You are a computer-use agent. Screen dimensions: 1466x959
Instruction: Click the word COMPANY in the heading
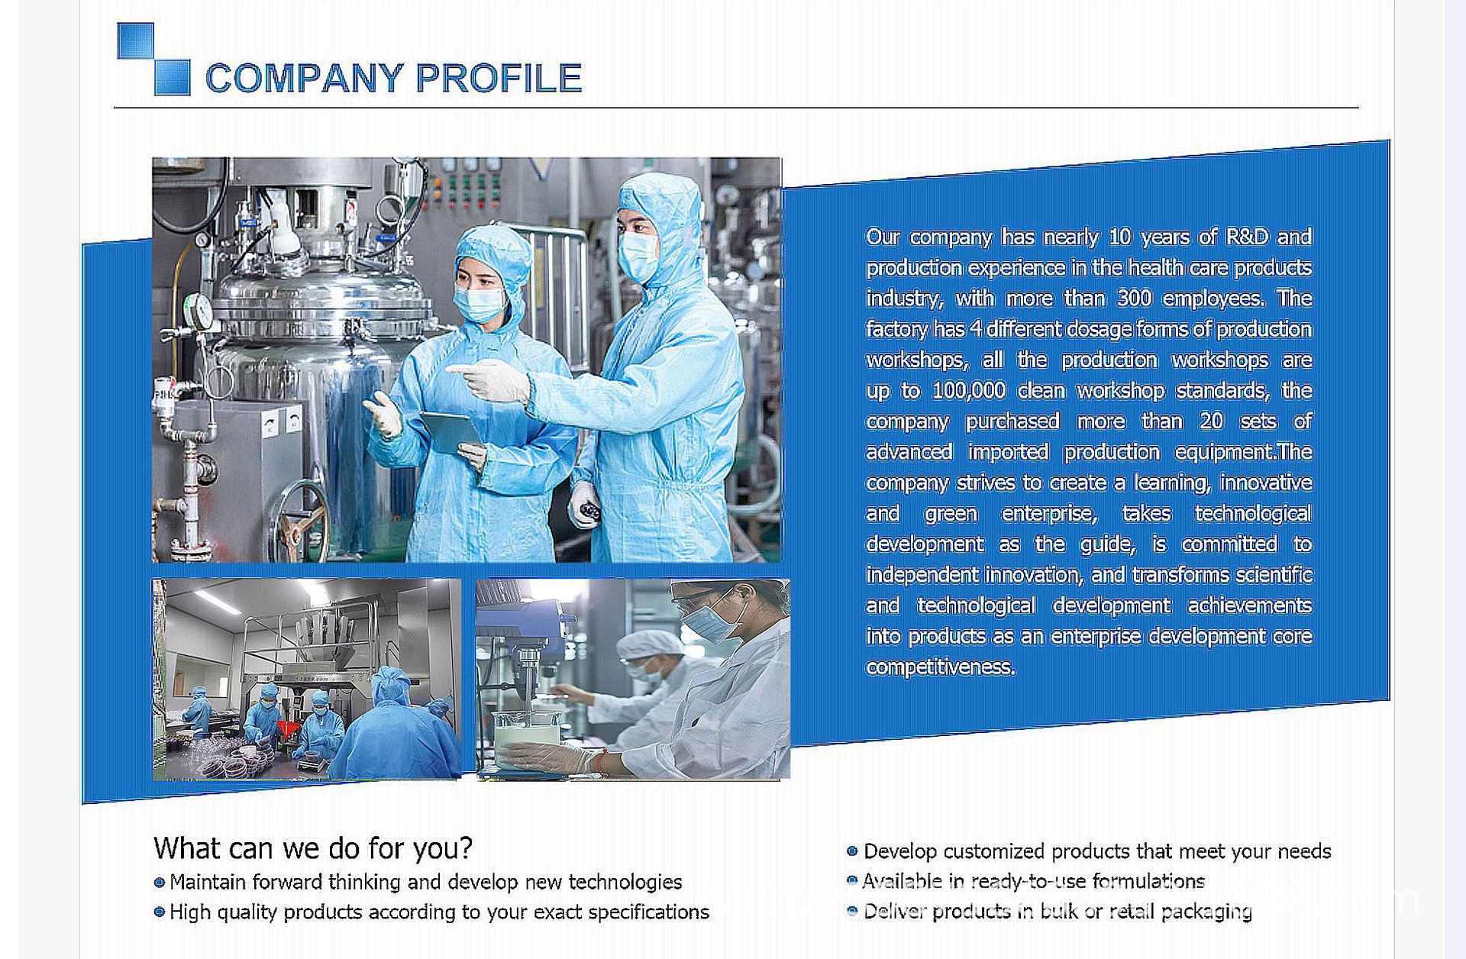[x=305, y=78]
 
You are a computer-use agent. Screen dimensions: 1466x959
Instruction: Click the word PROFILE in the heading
[x=499, y=78]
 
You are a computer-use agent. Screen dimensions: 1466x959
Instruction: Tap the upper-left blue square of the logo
[x=135, y=40]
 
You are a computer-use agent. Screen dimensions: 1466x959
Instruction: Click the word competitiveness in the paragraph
[x=941, y=667]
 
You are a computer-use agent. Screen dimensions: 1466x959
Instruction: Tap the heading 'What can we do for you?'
[x=313, y=848]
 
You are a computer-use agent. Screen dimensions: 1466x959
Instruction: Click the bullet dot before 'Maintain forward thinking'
[x=160, y=883]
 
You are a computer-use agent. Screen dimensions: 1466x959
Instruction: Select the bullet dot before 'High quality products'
[x=160, y=912]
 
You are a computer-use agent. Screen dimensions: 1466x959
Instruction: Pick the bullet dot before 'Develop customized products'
[x=852, y=851]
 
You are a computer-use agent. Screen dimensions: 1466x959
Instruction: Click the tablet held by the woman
[x=450, y=432]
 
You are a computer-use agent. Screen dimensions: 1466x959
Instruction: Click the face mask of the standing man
[x=637, y=255]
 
